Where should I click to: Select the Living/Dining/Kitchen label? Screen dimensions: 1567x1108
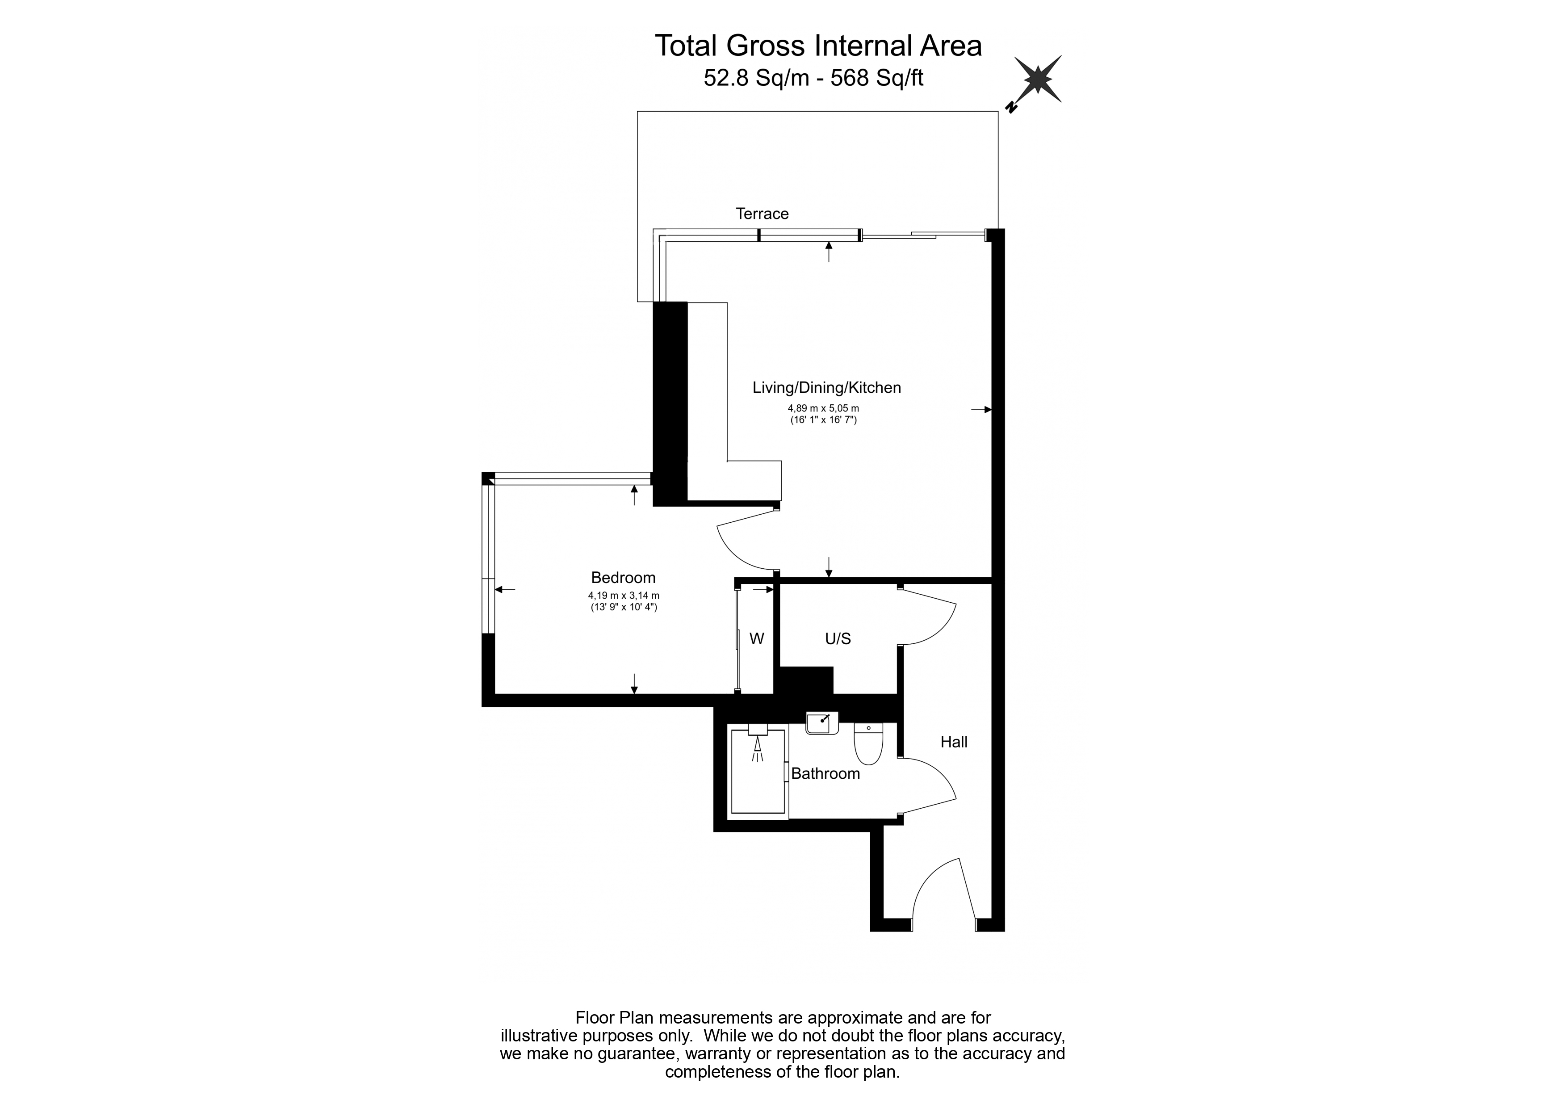(x=826, y=388)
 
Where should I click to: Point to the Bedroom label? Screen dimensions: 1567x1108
(x=623, y=578)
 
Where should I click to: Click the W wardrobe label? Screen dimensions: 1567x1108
(x=756, y=639)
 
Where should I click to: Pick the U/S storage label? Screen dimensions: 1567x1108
(x=838, y=639)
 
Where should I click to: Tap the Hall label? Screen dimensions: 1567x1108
(x=953, y=742)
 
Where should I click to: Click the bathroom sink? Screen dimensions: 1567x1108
(x=822, y=723)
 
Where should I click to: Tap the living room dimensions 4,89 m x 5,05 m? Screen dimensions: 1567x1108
(x=823, y=408)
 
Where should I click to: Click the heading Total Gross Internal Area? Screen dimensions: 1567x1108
(x=818, y=46)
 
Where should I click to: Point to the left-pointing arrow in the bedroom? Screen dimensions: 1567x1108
(x=505, y=589)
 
